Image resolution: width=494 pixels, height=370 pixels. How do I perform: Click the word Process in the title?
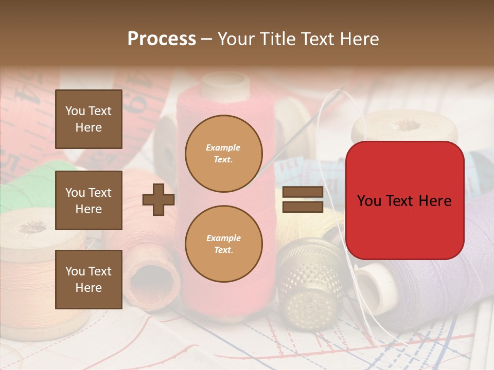pos(162,39)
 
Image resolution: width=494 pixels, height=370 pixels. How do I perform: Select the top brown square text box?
pos(89,119)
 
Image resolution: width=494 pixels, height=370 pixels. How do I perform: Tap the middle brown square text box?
pos(89,200)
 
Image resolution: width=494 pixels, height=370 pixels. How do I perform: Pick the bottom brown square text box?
pos(89,280)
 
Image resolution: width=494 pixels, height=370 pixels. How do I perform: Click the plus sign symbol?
pos(158,199)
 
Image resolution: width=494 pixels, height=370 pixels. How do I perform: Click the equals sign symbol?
pos(303,199)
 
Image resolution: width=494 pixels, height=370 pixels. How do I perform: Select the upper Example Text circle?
pos(224,153)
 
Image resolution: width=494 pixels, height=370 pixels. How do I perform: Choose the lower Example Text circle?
pos(224,244)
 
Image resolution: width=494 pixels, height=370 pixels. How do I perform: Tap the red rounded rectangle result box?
pos(404,200)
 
